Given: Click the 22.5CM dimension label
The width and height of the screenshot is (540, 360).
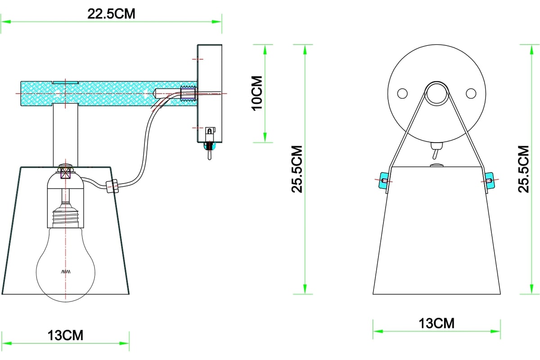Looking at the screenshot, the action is pos(111,14).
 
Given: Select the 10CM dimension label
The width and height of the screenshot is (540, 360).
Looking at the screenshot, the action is pos(257,93).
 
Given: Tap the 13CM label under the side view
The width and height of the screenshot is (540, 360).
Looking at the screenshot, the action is pos(65,335).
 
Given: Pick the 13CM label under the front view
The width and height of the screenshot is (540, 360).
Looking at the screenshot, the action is pos(436,324).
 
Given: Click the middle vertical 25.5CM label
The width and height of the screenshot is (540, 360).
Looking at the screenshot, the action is pos(297,169).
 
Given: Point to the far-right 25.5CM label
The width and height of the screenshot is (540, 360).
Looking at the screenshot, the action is pos(523,169).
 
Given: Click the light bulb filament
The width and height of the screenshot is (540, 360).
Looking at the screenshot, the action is pos(66,272).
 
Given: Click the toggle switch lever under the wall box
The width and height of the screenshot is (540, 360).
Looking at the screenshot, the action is pos(210,154).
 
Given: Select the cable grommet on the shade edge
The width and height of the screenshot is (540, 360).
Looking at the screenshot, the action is pos(112,186).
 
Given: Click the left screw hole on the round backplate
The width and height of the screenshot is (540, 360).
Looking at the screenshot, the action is pos(402,93).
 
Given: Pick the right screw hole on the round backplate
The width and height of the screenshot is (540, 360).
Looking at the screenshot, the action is pos(471,93).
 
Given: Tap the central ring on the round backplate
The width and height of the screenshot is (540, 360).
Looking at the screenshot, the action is pos(436,94).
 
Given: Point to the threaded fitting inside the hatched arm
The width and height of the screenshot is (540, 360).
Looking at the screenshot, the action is pos(189,93).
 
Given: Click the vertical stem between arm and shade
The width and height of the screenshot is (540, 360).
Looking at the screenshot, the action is pos(66,135).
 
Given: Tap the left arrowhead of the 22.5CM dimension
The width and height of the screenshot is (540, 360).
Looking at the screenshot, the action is pos(6,22).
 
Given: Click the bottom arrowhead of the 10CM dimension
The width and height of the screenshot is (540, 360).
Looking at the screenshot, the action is pos(265,137).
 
